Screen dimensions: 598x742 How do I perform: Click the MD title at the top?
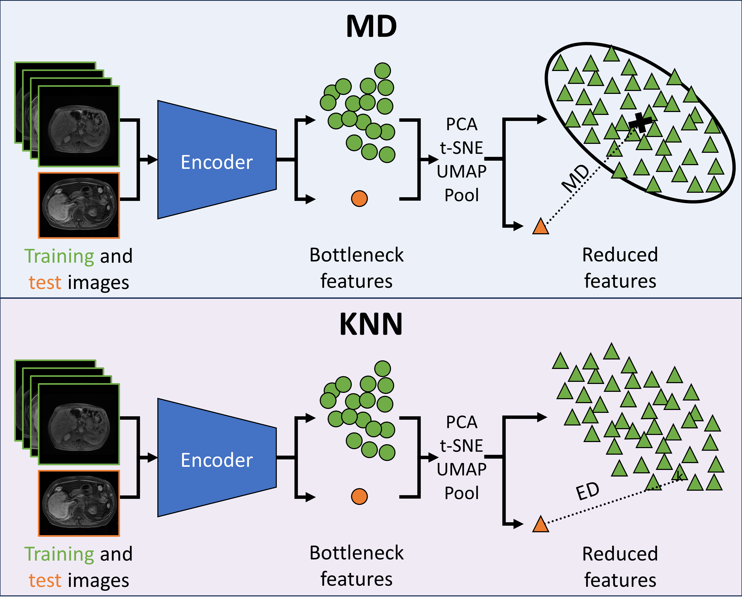click(x=371, y=27)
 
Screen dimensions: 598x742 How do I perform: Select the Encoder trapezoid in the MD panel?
click(x=217, y=160)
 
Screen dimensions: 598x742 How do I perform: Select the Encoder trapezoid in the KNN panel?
click(x=217, y=458)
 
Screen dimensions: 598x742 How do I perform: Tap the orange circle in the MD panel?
click(x=359, y=199)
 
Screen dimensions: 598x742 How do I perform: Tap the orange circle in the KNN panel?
click(x=359, y=496)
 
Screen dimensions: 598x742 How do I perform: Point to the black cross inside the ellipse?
click(x=640, y=122)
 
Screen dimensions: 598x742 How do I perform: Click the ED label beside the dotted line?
click(x=588, y=491)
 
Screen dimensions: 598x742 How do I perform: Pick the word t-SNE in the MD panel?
click(x=462, y=148)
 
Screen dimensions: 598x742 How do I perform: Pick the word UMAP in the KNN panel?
click(x=462, y=469)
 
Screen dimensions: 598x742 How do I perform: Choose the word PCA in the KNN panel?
click(x=462, y=422)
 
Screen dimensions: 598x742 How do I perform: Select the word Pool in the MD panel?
click(x=462, y=195)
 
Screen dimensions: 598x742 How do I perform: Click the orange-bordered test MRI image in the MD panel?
click(x=79, y=205)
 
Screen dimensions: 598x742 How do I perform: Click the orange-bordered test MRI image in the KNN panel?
click(x=79, y=503)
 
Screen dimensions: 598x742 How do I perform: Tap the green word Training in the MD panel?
click(x=59, y=257)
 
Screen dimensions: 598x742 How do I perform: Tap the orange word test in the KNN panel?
click(x=45, y=581)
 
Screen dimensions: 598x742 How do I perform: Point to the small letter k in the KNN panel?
click(x=679, y=476)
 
